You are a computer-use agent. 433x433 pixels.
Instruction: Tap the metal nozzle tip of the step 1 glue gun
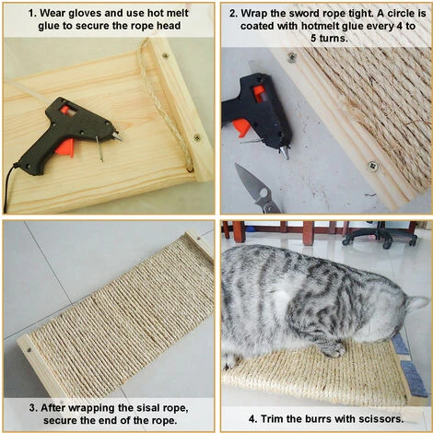[x=118, y=136]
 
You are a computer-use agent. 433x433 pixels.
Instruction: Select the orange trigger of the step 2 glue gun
[x=240, y=128]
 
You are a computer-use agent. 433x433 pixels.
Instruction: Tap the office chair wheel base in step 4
[x=380, y=238]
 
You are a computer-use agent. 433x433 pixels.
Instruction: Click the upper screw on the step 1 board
[x=166, y=56]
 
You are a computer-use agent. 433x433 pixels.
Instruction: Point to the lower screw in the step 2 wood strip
[x=373, y=166]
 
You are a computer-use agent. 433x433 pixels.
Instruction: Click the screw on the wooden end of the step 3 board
[x=29, y=349]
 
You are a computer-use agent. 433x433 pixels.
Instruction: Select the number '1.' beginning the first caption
[x=32, y=13]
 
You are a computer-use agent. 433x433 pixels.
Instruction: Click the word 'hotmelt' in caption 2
[x=320, y=26]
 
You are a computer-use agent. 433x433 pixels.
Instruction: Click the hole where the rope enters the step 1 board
[x=190, y=168]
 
